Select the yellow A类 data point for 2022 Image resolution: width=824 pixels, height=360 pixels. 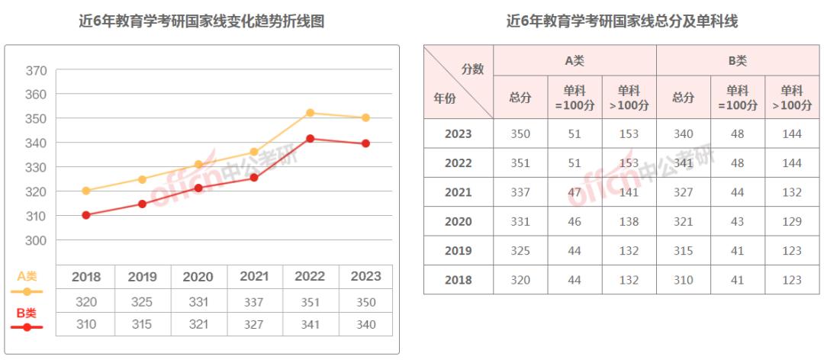tap(310, 113)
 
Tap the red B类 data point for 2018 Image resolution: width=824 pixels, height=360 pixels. tap(86, 215)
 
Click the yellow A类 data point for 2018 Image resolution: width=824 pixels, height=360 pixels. tap(86, 191)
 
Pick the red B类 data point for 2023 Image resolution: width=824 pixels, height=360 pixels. tap(366, 143)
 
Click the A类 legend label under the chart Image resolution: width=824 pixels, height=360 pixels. tap(27, 277)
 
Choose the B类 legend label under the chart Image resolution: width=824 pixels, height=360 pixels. tap(27, 313)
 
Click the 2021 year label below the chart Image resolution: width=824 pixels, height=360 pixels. tap(254, 276)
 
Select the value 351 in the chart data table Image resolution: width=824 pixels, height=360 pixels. tap(310, 302)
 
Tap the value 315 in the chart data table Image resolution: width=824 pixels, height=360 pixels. tap(142, 324)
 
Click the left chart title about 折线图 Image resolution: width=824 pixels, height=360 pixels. tap(201, 21)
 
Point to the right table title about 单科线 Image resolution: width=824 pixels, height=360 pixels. tap(622, 21)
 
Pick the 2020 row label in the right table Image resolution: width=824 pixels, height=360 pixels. tap(458, 222)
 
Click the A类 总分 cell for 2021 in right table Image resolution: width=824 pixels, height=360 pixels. tap(520, 192)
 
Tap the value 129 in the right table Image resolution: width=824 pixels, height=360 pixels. tap(792, 222)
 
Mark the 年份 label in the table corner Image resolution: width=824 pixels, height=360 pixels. tap(446, 98)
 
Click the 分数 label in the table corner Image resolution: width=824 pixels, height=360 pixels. tap(473, 69)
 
